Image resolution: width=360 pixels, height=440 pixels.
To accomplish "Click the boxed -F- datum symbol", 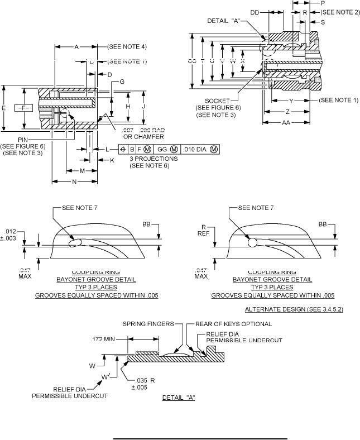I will point(25,107).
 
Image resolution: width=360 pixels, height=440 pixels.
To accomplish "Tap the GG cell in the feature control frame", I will point(162,150).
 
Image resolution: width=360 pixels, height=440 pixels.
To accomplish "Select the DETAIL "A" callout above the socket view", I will point(224,21).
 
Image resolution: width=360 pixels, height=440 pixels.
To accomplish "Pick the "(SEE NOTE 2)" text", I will point(340,12).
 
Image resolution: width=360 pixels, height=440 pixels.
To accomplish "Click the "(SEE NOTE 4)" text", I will point(127,47).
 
